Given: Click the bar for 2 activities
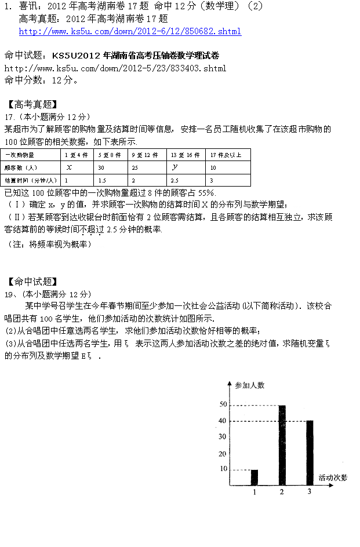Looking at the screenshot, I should coord(282,445).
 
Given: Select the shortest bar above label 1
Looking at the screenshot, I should coord(254,477).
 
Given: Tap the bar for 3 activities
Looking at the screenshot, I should coord(310,453).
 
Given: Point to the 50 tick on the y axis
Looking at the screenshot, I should coord(223,404).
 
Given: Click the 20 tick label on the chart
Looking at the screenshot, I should coord(223,454).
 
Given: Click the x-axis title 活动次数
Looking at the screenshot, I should coord(333,477).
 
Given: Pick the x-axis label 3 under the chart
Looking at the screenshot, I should coord(310,492).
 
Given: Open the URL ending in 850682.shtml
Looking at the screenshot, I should coord(130,31).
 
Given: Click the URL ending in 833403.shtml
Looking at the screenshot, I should coord(115,68).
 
